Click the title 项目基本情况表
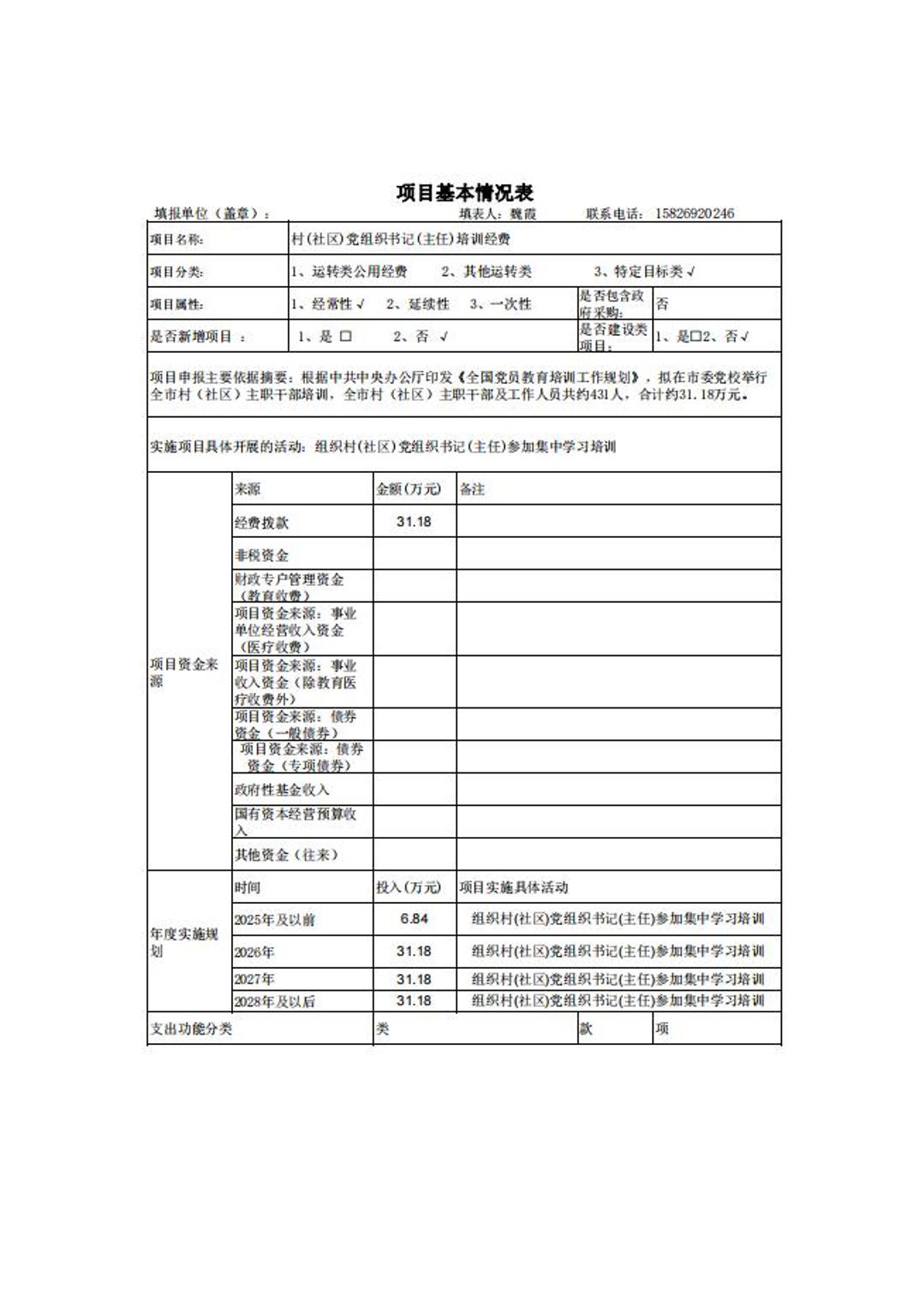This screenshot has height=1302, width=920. click(464, 193)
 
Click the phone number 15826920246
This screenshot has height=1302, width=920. click(694, 213)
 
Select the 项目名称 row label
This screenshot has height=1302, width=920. click(177, 240)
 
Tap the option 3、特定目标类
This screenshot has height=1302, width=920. click(644, 272)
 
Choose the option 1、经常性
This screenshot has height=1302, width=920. click(327, 304)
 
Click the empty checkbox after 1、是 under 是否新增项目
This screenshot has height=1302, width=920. click(346, 337)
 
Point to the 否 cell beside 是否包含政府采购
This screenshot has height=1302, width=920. click(662, 304)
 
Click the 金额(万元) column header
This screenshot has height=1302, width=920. click(409, 489)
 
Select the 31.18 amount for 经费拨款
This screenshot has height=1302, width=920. click(414, 522)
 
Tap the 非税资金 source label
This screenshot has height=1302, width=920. click(262, 555)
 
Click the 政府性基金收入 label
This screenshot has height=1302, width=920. click(282, 790)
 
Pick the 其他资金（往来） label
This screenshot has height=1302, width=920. click(287, 855)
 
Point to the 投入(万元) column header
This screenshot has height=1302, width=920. click(409, 887)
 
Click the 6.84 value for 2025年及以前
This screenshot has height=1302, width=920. click(414, 919)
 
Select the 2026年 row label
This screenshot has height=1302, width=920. click(254, 952)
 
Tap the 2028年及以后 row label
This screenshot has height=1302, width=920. click(275, 1001)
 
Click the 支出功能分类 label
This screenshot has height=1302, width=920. click(191, 1029)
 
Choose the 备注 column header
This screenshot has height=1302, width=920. click(472, 489)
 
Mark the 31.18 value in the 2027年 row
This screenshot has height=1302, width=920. click(414, 979)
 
